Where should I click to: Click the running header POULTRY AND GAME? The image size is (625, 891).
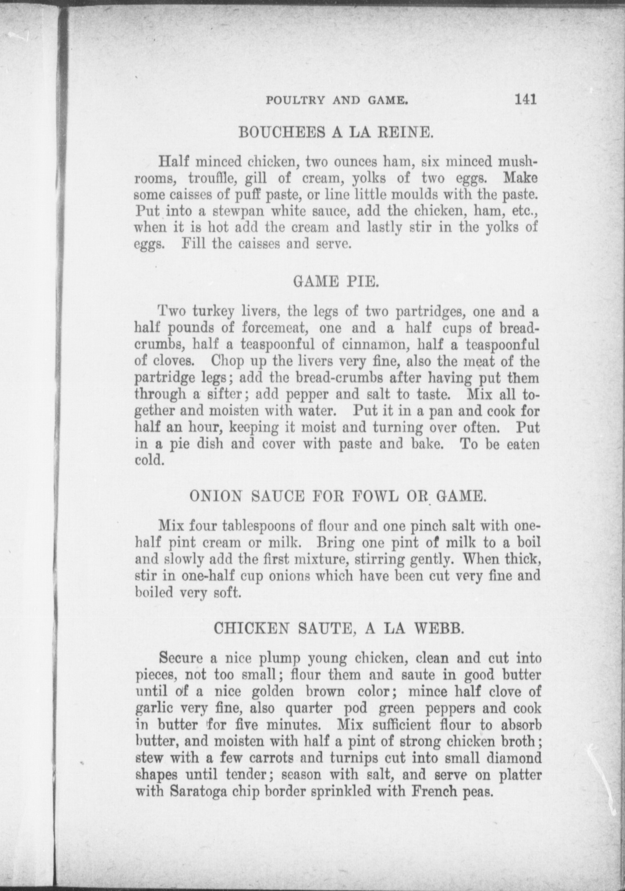coord(336,101)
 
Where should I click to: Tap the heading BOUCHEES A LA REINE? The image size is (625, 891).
coord(336,132)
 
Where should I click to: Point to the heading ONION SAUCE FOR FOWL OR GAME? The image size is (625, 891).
coord(338,496)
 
